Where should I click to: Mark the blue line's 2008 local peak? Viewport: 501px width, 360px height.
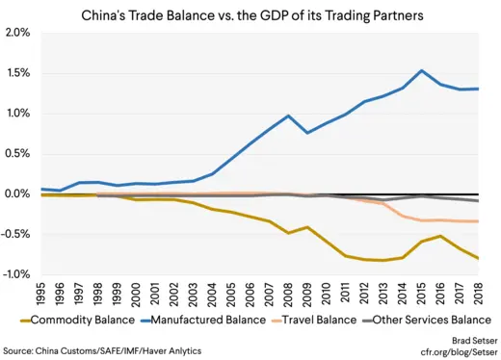(x=288, y=116)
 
